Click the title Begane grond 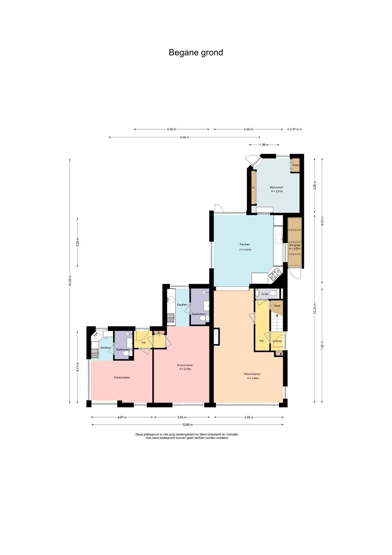[196, 53]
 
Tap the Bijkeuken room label [277, 187]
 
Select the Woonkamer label [252, 374]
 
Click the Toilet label [264, 294]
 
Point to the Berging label [295, 245]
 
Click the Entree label [277, 341]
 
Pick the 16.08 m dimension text [70, 281]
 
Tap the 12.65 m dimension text [188, 425]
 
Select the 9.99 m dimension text [184, 137]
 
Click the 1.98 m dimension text [264, 145]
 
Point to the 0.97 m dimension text [294, 129]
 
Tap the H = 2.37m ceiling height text [185, 369]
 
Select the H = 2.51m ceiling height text [277, 191]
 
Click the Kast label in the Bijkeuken [296, 165]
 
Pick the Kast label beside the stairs [277, 306]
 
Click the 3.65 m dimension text [182, 417]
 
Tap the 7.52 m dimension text [322, 346]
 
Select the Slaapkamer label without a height [122, 378]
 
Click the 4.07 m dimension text [122, 417]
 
